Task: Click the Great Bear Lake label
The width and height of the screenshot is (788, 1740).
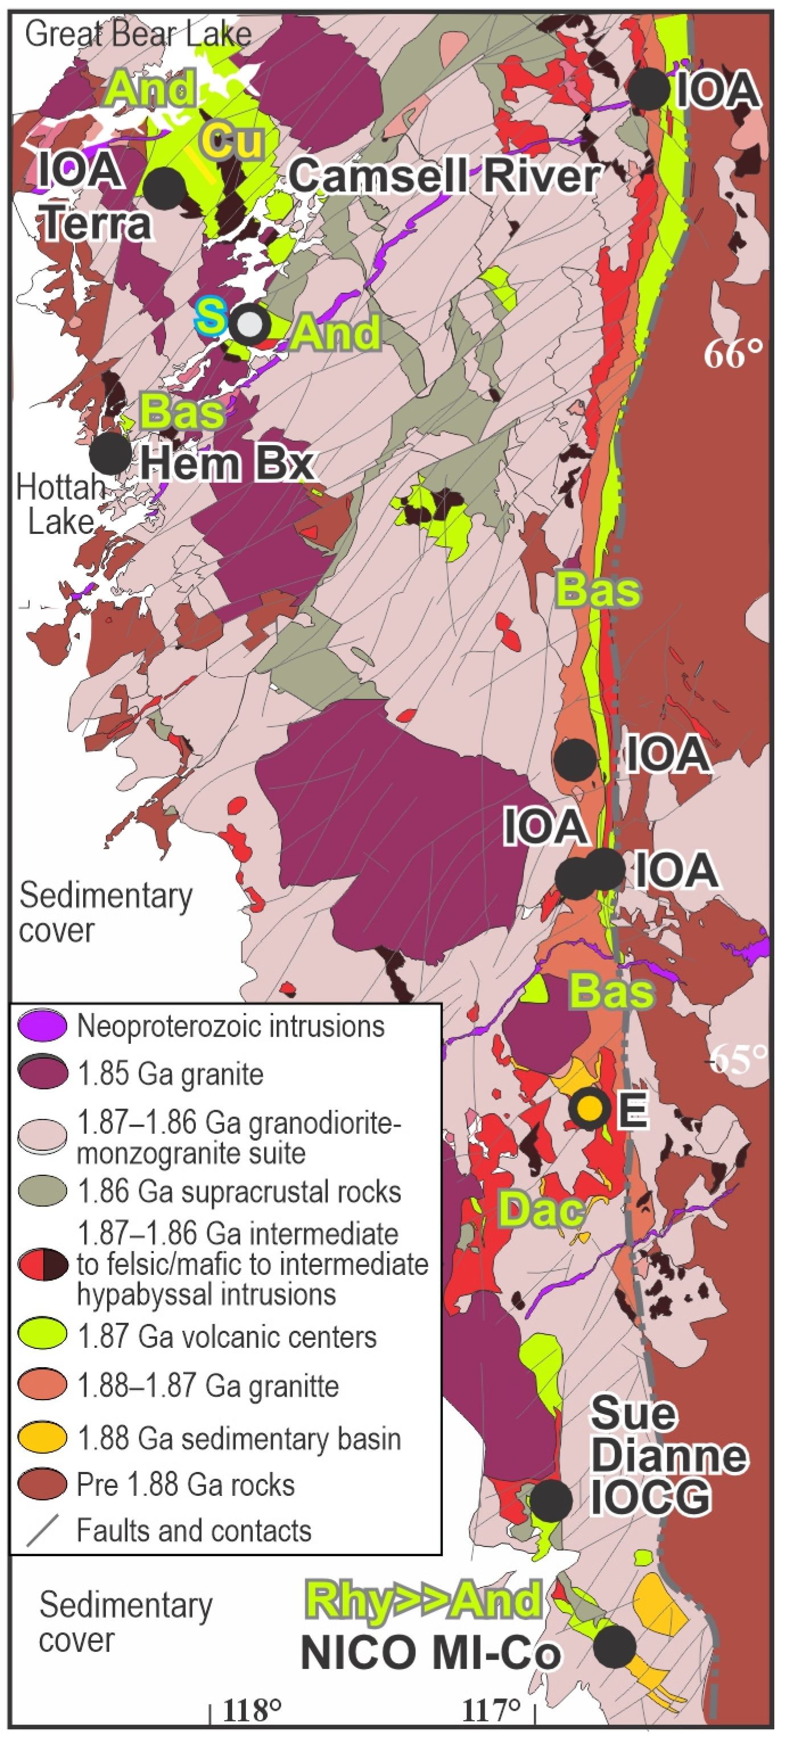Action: pyautogui.click(x=138, y=34)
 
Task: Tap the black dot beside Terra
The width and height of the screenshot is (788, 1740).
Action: pyautogui.click(x=163, y=188)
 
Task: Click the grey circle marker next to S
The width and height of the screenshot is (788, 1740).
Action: pyautogui.click(x=250, y=325)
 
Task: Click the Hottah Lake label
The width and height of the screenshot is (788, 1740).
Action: pyautogui.click(x=59, y=504)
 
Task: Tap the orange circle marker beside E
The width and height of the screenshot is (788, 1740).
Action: pyautogui.click(x=589, y=1106)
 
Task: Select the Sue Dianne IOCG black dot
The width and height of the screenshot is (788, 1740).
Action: pyautogui.click(x=550, y=1500)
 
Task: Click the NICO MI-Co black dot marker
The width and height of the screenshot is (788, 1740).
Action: pyautogui.click(x=614, y=1646)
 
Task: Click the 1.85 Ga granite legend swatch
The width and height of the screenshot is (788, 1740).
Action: pyautogui.click(x=43, y=1073)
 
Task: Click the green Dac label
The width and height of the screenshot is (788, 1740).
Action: pyautogui.click(x=541, y=1209)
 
